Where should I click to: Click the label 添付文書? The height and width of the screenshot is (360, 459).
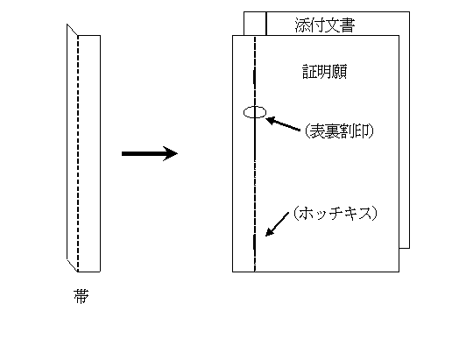tap(325, 25)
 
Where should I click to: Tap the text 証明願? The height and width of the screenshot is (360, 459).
tap(325, 72)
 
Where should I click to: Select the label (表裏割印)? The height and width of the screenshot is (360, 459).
tap(339, 131)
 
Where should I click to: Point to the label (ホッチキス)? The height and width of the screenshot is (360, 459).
tap(335, 214)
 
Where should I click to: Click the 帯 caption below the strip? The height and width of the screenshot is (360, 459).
tap(81, 296)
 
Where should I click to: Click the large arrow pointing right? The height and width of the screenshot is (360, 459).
tap(150, 153)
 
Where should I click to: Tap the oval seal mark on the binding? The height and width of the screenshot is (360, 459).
tap(255, 112)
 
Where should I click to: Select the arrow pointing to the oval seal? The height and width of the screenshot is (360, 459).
tap(283, 124)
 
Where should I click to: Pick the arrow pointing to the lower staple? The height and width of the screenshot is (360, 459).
tap(277, 224)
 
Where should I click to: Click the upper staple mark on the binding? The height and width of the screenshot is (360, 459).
tap(254, 76)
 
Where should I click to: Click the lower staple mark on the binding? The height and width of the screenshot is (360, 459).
tap(254, 242)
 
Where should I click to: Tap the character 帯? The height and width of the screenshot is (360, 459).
tap(81, 296)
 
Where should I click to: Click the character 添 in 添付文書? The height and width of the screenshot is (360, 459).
tap(302, 25)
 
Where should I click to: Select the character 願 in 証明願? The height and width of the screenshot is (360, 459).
tap(340, 72)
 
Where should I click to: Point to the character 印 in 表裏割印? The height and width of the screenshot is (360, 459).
tap(362, 131)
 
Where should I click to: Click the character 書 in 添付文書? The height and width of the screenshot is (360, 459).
tap(348, 25)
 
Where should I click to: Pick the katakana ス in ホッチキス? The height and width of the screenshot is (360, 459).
tap(364, 214)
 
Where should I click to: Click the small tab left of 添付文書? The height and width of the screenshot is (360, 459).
tap(255, 24)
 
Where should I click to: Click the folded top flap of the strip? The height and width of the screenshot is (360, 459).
tap(72, 30)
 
